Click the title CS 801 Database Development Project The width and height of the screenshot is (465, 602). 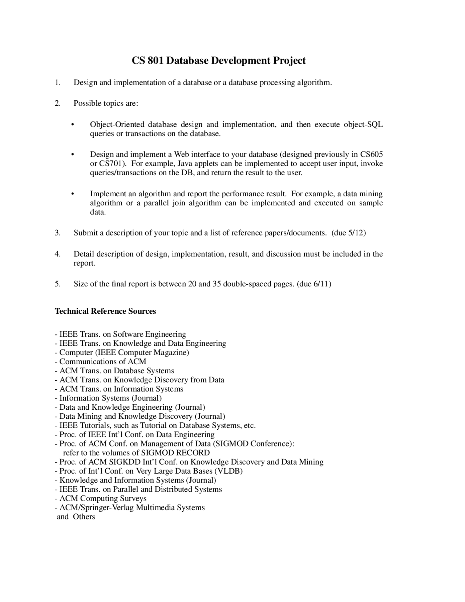[218, 60]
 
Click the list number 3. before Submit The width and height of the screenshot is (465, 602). [57, 233]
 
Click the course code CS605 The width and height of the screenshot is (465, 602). [371, 154]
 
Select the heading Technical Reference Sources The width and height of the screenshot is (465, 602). [105, 311]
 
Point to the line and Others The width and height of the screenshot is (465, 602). [76, 517]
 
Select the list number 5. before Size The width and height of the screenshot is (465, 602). [57, 284]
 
